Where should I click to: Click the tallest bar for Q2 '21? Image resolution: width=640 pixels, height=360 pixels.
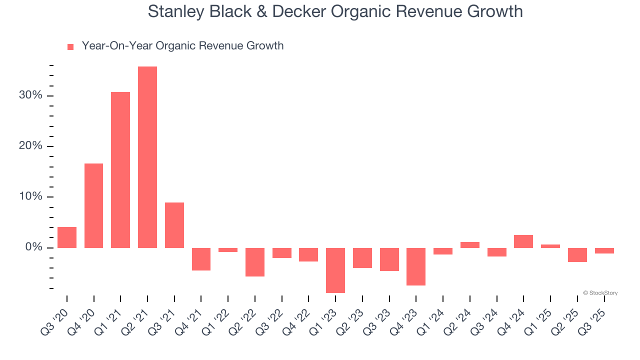(x=147, y=157)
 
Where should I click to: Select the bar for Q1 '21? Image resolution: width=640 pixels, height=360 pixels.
(x=120, y=170)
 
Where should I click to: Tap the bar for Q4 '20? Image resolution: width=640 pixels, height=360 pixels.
(x=93, y=205)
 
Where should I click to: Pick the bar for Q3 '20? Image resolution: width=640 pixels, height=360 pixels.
(x=67, y=237)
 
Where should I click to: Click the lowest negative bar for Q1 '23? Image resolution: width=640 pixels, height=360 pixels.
(x=335, y=270)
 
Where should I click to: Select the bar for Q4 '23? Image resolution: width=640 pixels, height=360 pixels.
(x=416, y=266)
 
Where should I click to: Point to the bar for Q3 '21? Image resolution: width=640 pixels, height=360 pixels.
(x=174, y=225)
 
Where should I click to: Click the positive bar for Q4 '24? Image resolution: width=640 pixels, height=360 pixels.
(x=523, y=241)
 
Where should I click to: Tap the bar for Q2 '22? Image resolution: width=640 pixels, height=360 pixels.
(x=255, y=262)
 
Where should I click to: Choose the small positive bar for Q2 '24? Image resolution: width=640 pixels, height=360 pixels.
(x=470, y=245)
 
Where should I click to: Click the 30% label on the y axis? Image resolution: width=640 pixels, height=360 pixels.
(x=30, y=95)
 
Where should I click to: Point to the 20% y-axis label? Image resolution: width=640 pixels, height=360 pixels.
(x=30, y=146)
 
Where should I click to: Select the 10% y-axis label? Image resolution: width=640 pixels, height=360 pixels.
(x=30, y=196)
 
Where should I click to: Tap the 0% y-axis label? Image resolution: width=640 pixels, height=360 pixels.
(x=33, y=247)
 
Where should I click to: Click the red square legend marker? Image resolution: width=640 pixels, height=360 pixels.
(x=70, y=46)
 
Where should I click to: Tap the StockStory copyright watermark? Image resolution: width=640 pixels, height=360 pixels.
(x=600, y=293)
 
